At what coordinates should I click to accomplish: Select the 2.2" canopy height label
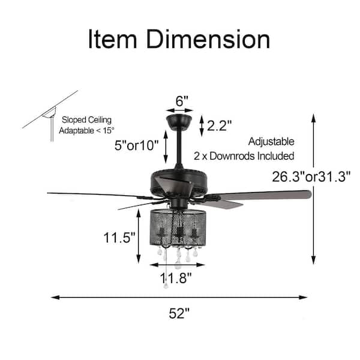click(x=219, y=125)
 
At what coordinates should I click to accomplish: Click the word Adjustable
click(x=272, y=142)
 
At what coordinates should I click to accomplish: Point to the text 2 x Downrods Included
click(x=244, y=155)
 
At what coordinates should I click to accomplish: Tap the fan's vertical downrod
click(x=179, y=147)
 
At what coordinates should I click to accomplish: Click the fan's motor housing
click(x=180, y=180)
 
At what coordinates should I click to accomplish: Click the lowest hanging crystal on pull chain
click(x=166, y=284)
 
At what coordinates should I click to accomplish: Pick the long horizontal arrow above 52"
click(x=179, y=297)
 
